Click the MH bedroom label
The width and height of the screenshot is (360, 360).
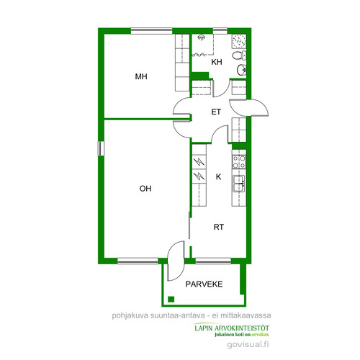coord(141,76)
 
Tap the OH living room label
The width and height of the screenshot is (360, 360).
coord(145,189)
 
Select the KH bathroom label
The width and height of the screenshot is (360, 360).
coord(217,62)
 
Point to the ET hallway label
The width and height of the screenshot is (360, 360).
coord(216,112)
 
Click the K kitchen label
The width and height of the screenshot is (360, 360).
coord(218,177)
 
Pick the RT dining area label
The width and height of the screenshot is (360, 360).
coord(219,227)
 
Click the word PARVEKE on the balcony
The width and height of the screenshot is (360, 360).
coord(204,284)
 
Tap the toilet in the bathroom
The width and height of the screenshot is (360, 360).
coord(239,55)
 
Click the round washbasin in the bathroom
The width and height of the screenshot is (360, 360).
coord(241,70)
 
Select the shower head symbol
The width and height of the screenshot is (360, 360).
coord(201,37)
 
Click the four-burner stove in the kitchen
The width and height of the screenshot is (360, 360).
coord(239,162)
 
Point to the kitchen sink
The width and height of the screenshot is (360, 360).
coord(239,184)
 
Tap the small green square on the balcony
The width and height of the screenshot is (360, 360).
coord(171,299)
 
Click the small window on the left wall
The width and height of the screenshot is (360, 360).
coord(101,148)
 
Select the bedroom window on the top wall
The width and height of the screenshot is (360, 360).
coord(152,31)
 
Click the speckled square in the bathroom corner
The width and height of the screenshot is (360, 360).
coord(239,41)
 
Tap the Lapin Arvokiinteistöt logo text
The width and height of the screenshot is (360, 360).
coord(232,330)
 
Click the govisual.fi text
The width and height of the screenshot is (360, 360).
coord(248,345)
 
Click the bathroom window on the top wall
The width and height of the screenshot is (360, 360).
coord(220,31)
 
